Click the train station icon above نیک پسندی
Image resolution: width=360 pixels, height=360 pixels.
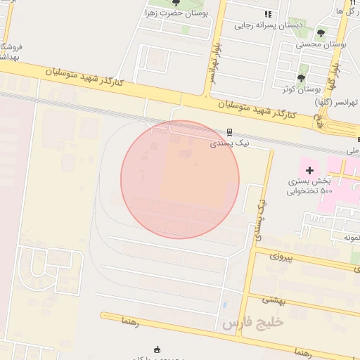[x=229, y=131]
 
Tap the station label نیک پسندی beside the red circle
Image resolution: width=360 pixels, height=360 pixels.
[x=230, y=143]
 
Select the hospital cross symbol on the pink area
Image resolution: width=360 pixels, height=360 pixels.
[x=309, y=169]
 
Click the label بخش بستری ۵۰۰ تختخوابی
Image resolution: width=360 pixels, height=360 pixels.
[x=309, y=185]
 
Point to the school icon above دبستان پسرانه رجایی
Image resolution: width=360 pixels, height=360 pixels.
[x=267, y=14]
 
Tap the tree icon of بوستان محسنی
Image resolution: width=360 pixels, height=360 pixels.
[x=321, y=33]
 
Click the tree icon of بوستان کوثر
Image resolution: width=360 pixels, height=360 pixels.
[x=302, y=78]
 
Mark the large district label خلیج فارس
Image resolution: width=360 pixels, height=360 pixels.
[x=252, y=324]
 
